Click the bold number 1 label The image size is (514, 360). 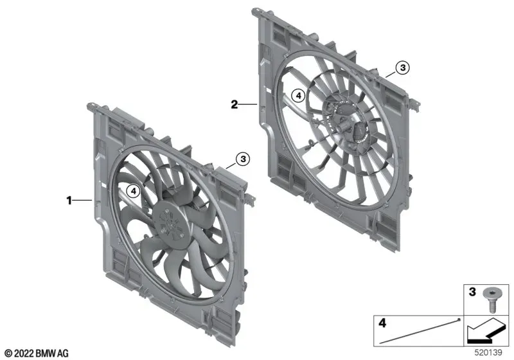pos(69,200)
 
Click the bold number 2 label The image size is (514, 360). pos(234,105)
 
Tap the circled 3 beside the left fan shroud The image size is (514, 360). pos(243,159)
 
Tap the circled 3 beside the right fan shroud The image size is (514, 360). pos(403,67)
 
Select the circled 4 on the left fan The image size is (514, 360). pos(134,191)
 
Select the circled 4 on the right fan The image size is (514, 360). pos(298,96)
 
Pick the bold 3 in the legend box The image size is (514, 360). pos(472,291)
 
